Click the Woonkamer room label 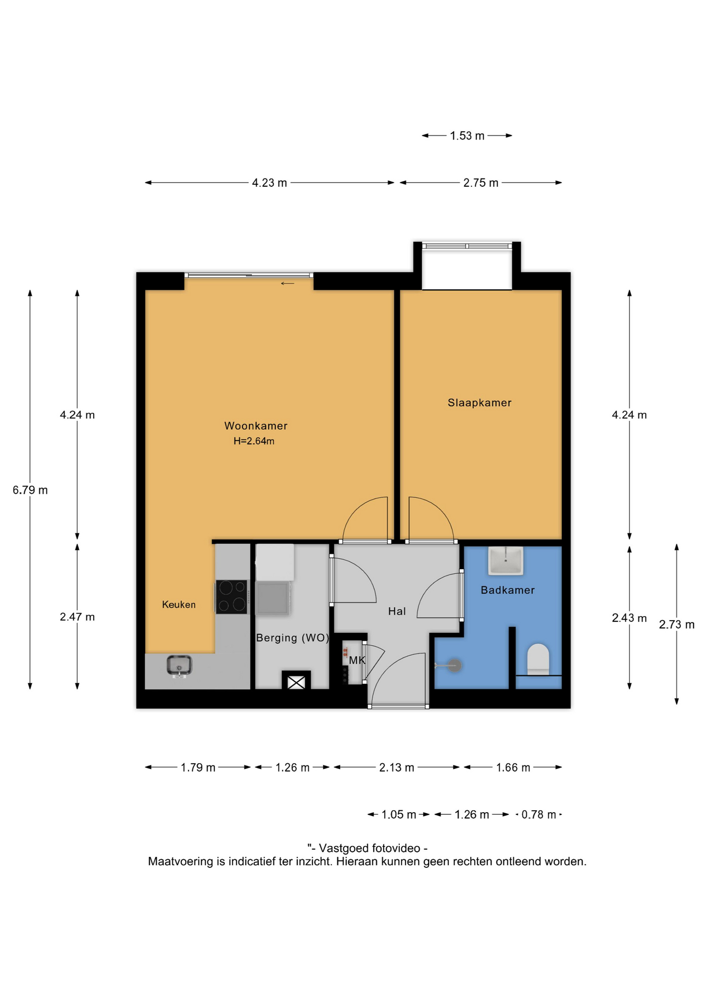click(x=256, y=426)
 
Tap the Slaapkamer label click(x=479, y=403)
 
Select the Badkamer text click(x=508, y=590)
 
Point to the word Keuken click(x=179, y=605)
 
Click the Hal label click(x=397, y=611)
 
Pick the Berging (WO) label click(x=293, y=638)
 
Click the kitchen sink click(x=179, y=666)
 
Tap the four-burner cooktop click(x=232, y=597)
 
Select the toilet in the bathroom click(x=538, y=660)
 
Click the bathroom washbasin click(x=506, y=560)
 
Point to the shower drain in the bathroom click(x=455, y=665)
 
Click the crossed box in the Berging click(x=296, y=682)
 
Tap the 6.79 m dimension click(x=30, y=490)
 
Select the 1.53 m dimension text click(x=467, y=136)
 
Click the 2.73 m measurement click(x=677, y=625)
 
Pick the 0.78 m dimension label click(x=539, y=815)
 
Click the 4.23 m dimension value click(x=270, y=183)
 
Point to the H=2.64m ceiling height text click(x=254, y=441)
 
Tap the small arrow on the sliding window click(x=287, y=284)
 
